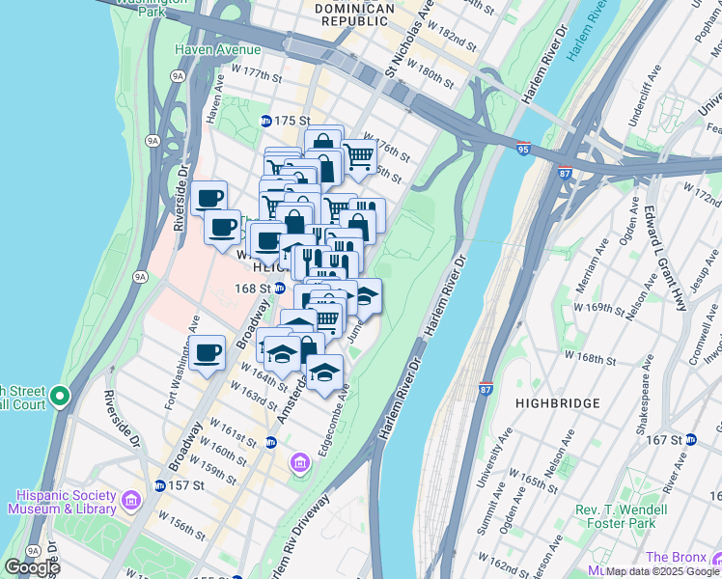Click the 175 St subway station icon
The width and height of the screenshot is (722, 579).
[x=266, y=121]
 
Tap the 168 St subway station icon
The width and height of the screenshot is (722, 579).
[x=279, y=288]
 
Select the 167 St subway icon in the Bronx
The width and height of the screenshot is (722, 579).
[x=691, y=440]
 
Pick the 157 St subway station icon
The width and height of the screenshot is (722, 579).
[x=159, y=484]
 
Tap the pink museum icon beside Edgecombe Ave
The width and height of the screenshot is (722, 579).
[x=300, y=465]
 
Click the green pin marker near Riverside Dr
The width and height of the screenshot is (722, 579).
[x=60, y=397]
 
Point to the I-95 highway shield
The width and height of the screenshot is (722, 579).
[x=523, y=151]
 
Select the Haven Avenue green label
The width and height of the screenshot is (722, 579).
[x=217, y=49]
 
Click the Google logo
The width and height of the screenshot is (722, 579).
[x=31, y=567]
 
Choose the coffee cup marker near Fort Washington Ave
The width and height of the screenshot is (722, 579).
[x=207, y=353]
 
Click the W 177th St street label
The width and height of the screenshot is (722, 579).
[x=257, y=74]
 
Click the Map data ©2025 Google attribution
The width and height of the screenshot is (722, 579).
[x=662, y=570]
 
